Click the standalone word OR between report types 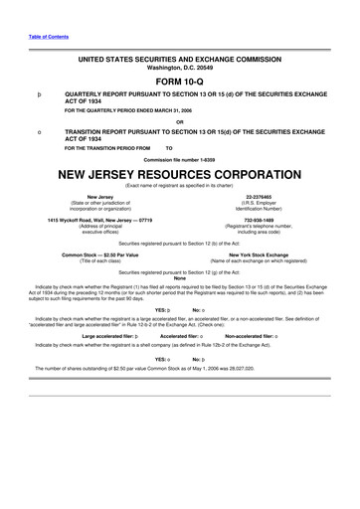click(179, 121)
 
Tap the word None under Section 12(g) click(179, 277)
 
